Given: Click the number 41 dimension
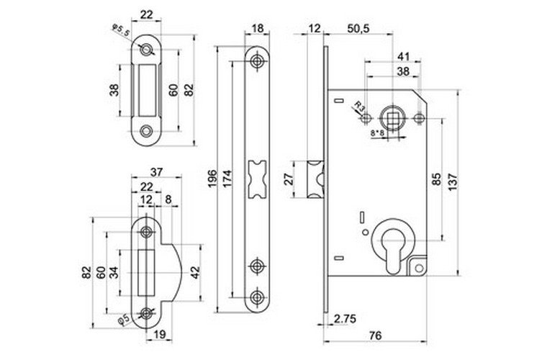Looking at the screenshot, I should pyautogui.click(x=405, y=55).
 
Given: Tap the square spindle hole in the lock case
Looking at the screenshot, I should pyautogui.click(x=394, y=115).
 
